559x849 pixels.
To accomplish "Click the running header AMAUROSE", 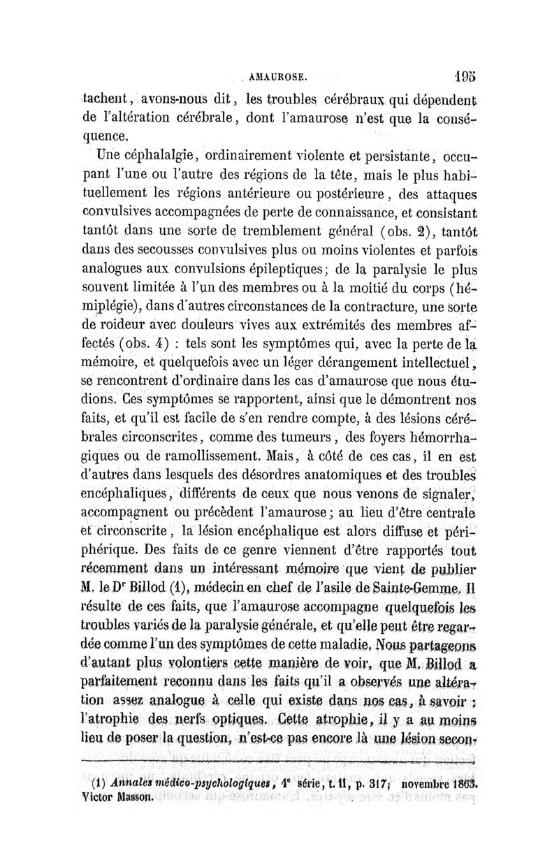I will pos(279,72).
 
